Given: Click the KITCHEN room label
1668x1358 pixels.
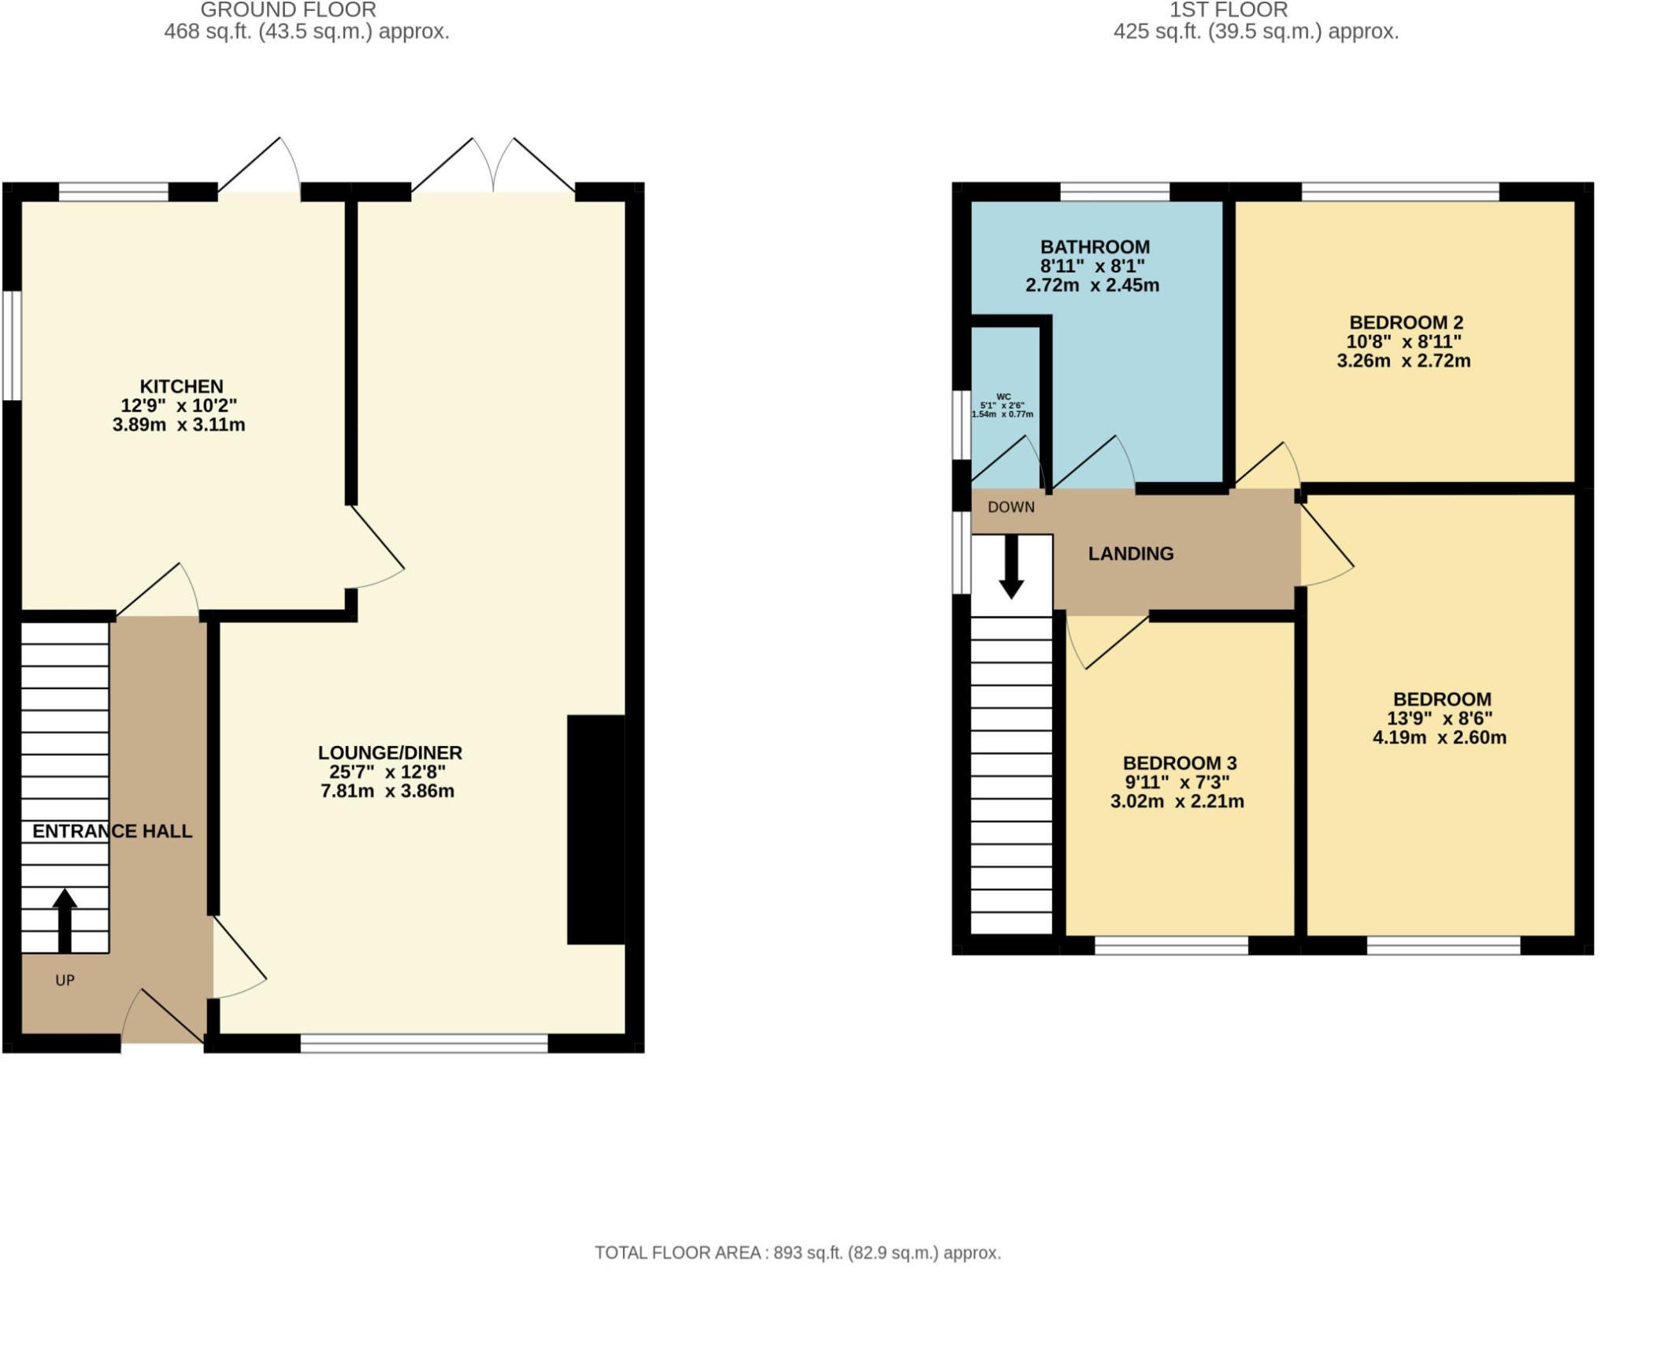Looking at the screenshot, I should (x=181, y=386).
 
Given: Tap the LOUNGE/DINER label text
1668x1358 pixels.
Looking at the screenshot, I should (x=390, y=752).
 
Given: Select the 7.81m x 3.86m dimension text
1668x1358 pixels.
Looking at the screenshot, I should (x=387, y=791).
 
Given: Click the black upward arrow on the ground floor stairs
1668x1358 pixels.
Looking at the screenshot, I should (x=65, y=920).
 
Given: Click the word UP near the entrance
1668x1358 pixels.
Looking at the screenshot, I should (x=65, y=980).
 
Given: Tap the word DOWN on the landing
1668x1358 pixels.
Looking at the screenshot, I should (x=1010, y=507).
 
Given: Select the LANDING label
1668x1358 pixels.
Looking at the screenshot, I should (x=1131, y=554).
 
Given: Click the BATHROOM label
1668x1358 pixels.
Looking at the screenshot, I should (x=1095, y=247).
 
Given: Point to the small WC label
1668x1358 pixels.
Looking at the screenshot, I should (x=1003, y=397).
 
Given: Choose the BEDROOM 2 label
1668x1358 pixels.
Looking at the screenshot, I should (x=1406, y=322).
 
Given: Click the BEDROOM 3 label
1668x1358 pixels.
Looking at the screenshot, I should (x=1179, y=762).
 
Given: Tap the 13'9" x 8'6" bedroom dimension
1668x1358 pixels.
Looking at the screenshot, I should (x=1439, y=718).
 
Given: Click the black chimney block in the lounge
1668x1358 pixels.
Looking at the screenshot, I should (x=596, y=829).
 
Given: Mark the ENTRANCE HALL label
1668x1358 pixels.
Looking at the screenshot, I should (x=112, y=831).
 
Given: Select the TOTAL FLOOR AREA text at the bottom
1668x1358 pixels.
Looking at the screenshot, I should (x=797, y=1252).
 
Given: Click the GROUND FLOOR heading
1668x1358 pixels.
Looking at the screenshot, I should (x=288, y=10).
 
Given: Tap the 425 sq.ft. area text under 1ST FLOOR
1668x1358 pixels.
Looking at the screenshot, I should (x=1255, y=32).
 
